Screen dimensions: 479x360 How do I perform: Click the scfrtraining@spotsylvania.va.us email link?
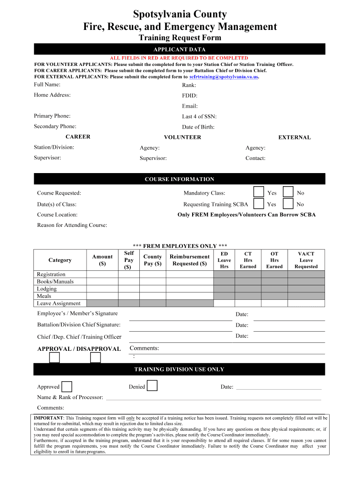[x=223, y=77]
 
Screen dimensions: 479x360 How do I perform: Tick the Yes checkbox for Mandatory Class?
[x=258, y=192]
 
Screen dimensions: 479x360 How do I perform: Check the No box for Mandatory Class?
[x=288, y=192]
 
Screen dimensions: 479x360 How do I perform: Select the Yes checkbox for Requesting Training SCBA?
[x=258, y=203]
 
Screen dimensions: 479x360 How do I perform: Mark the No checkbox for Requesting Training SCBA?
[x=288, y=203]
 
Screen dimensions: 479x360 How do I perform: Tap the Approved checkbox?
[x=67, y=386]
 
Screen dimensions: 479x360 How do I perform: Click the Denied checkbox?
[x=152, y=386]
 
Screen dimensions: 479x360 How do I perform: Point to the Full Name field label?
[x=47, y=85]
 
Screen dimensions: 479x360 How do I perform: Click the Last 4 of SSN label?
[x=199, y=116]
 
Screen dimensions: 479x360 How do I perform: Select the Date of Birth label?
[x=198, y=127]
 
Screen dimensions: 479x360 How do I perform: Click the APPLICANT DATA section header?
[x=180, y=49]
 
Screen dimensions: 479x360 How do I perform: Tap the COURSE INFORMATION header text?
[x=180, y=179]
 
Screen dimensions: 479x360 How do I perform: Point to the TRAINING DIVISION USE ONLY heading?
[x=180, y=370]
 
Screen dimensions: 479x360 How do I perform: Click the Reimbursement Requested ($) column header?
[x=189, y=260]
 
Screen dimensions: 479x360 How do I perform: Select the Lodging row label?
[x=47, y=289]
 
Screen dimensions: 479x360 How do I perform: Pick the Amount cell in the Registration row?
[x=102, y=275]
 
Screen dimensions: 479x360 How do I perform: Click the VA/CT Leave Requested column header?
[x=306, y=260]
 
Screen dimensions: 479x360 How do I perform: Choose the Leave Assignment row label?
[x=58, y=304]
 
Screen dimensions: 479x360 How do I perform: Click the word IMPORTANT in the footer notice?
[x=49, y=417]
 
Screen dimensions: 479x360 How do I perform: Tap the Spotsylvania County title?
[x=180, y=15]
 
